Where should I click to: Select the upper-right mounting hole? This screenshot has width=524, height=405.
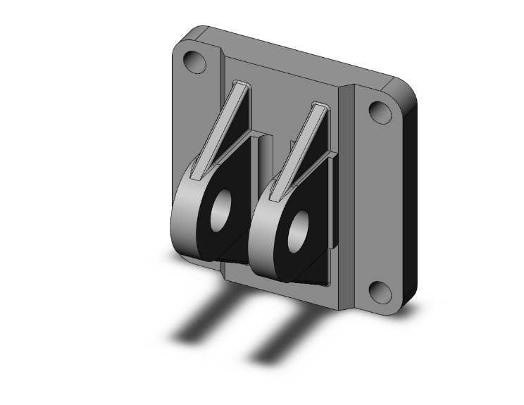[x=380, y=113]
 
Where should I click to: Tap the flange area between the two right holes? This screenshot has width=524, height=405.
[x=380, y=204]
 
